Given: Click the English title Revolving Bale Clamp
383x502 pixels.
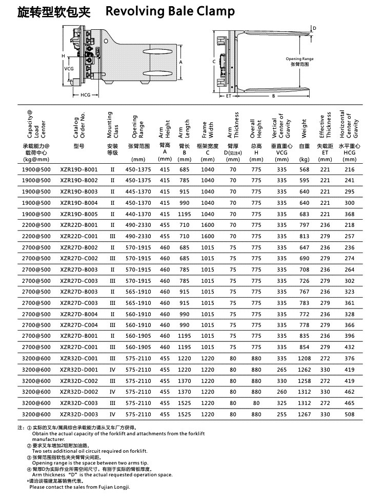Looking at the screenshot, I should pos(170,11).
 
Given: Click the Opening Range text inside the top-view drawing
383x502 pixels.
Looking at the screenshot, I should pos(299,59).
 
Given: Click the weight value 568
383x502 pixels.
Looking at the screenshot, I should pos(305,169).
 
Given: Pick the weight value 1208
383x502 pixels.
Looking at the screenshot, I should pos(305,359).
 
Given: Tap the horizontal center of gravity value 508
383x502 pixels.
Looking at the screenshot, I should pos(349,414).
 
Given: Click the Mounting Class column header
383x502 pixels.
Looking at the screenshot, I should pos(112,125).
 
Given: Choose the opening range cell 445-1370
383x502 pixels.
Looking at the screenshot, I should pos(138,192).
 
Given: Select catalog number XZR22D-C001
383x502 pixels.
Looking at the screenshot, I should pos(78,237).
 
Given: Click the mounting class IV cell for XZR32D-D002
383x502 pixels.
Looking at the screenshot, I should pos(112,392).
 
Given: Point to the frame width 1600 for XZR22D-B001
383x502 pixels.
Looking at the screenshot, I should pos(208,225).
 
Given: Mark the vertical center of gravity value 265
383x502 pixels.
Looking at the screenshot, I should pos(281,370).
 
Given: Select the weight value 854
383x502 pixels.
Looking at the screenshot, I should pos(305,347).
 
